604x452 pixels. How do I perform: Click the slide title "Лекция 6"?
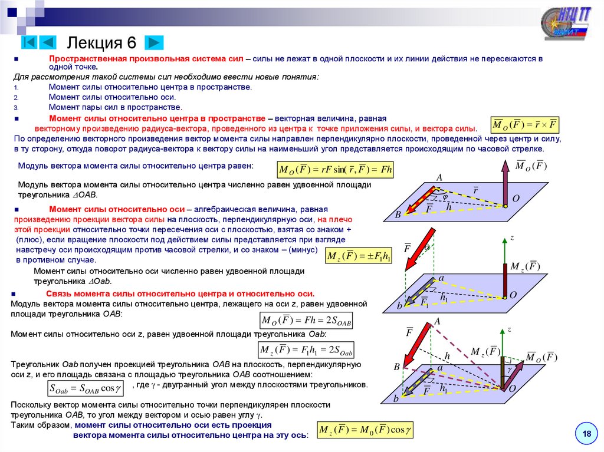(x=101, y=42)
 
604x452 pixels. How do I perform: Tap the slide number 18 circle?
(x=586, y=434)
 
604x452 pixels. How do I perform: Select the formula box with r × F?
(x=525, y=126)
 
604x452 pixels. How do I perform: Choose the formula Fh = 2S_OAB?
(x=307, y=322)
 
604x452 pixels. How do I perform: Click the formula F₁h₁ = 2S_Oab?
(x=307, y=351)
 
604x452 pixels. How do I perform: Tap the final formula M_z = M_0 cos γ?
(x=365, y=430)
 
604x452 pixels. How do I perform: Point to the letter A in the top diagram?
(x=439, y=177)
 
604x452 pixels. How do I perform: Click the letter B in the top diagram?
(x=398, y=215)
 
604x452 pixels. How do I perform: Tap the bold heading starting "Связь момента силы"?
(x=182, y=293)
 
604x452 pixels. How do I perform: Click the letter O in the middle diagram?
(x=513, y=295)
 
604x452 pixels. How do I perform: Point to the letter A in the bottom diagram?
(x=438, y=321)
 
